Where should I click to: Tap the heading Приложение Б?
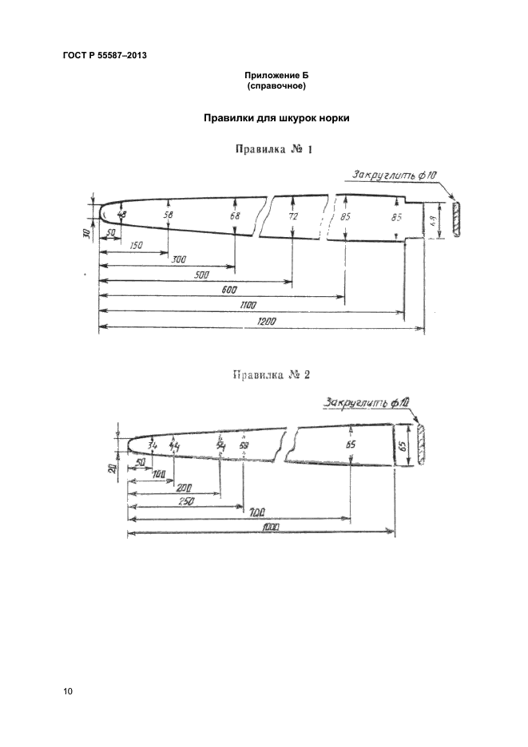(276, 75)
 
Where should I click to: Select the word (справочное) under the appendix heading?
(276, 85)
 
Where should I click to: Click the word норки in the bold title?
(335, 117)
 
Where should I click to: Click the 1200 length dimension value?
(267, 322)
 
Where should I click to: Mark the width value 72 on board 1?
(293, 216)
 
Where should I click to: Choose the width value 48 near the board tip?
(121, 214)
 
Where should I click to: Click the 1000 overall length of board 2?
(263, 528)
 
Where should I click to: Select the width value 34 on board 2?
(153, 445)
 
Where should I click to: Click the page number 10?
(68, 691)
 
